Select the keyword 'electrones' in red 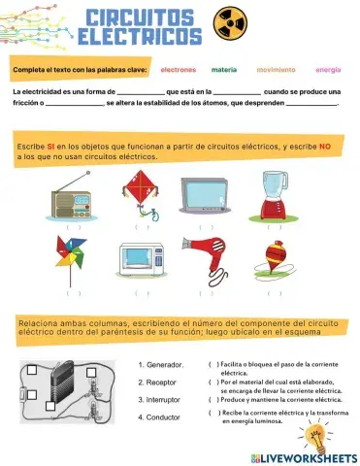[178, 70]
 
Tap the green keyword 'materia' [224, 70]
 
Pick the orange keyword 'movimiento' [276, 70]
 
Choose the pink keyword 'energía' [328, 70]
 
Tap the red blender [274, 195]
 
